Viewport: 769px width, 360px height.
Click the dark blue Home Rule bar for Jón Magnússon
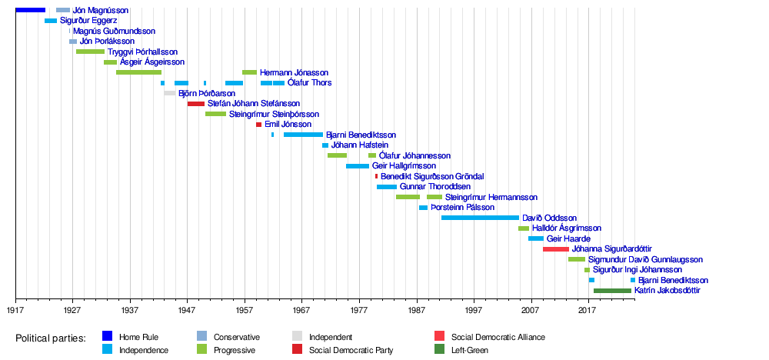point(31,10)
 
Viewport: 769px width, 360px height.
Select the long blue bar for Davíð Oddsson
point(480,218)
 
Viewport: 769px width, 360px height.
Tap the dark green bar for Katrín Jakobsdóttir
point(613,291)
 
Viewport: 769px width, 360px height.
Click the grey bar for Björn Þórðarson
point(170,93)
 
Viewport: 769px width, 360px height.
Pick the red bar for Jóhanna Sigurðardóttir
point(556,249)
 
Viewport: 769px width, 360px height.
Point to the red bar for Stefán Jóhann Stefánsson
point(196,104)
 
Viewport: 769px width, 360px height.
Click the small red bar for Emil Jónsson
point(259,125)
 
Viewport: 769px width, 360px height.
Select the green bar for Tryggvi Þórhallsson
point(90,52)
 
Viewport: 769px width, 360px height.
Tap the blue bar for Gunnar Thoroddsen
point(387,187)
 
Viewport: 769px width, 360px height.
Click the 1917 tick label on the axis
point(15,310)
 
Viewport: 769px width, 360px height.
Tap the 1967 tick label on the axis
point(301,310)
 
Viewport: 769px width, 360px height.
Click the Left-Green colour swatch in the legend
point(440,350)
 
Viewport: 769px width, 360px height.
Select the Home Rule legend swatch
point(108,336)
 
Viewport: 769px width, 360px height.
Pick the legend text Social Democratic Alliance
point(498,337)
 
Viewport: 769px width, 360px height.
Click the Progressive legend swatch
point(201,350)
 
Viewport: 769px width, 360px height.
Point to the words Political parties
point(51,338)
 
